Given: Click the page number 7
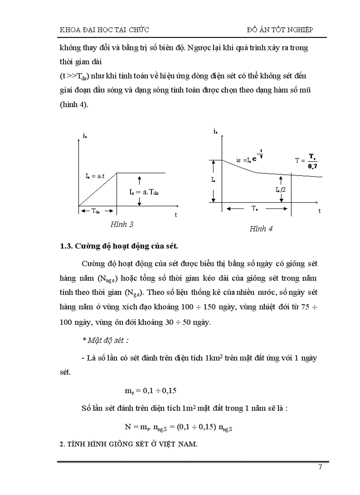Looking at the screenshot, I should (x=320, y=468).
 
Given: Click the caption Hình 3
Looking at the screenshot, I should (x=122, y=224).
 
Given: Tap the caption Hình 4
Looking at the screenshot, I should (x=261, y=229).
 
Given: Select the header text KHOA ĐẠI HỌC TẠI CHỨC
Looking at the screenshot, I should (x=104, y=30).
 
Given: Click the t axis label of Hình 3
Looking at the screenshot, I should (x=176, y=215).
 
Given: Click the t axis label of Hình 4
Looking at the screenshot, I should (x=319, y=211).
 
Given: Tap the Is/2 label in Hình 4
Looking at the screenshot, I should (x=280, y=190).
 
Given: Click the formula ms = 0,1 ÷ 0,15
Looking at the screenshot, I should (x=151, y=391).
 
